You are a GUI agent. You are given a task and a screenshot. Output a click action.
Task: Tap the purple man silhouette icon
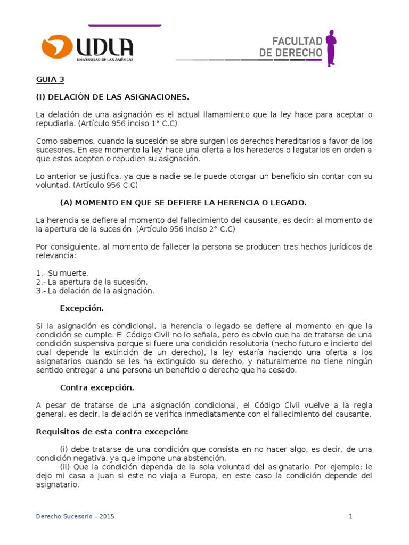click(331, 48)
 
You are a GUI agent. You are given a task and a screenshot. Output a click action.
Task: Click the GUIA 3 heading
click(50, 80)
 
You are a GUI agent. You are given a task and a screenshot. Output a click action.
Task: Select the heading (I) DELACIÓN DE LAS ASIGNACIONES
click(112, 97)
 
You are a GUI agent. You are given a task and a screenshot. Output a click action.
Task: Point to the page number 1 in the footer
click(351, 516)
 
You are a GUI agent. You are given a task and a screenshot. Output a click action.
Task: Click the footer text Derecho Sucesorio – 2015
click(75, 516)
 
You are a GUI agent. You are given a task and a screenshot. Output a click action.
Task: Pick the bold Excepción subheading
click(81, 308)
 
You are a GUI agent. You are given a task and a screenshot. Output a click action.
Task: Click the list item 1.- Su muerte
click(62, 273)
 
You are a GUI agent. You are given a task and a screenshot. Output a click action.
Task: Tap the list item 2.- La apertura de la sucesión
click(92, 282)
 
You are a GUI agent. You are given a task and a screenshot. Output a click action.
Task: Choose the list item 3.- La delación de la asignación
click(95, 291)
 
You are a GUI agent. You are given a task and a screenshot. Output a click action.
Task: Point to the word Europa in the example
click(231, 476)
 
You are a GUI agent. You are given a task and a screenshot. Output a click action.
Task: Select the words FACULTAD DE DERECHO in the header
click(290, 47)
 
